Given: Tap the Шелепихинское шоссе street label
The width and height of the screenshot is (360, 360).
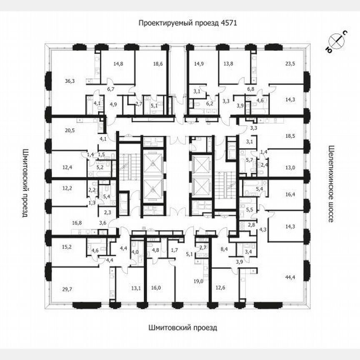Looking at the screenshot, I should point(332,183).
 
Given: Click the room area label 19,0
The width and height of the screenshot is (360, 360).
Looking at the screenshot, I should point(199,281).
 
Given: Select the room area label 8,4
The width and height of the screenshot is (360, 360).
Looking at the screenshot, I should point(223,250).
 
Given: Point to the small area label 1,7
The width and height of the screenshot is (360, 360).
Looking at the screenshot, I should point(174,250).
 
